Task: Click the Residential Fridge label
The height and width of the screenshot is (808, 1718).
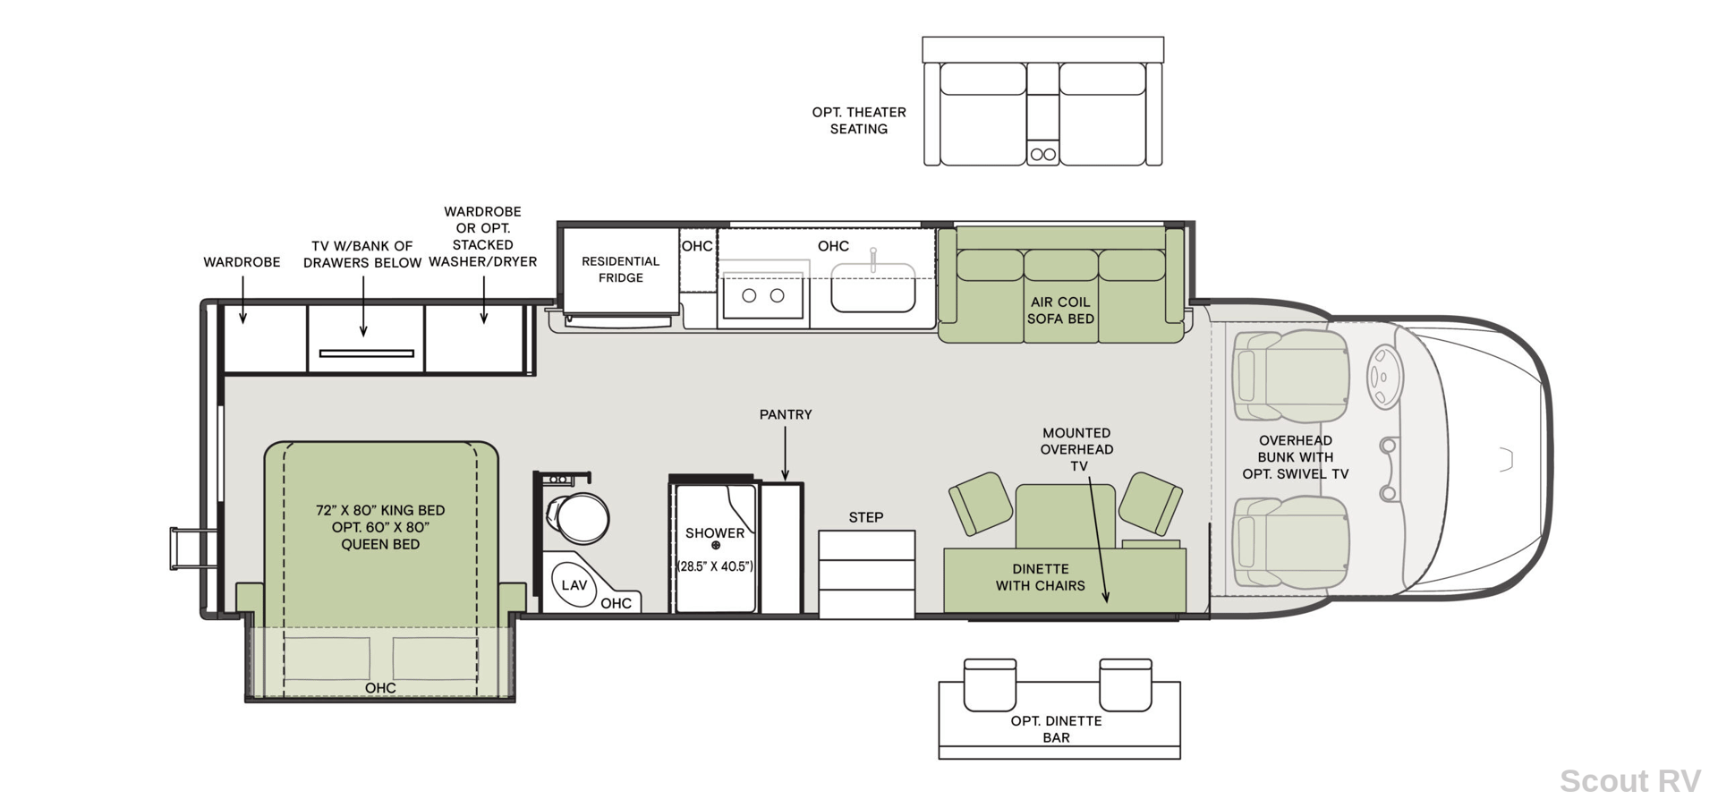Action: [620, 269]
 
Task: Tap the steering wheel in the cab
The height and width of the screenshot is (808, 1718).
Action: [1384, 377]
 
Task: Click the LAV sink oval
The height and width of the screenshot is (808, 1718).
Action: [574, 584]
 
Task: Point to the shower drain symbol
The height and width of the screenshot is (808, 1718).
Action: [716, 545]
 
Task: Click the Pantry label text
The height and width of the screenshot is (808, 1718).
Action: [786, 414]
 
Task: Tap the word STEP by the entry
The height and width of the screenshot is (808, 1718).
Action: [866, 517]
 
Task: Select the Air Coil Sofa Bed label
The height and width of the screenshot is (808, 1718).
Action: [1060, 310]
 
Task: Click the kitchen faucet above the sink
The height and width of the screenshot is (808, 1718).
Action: [873, 259]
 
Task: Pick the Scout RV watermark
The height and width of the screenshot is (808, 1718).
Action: [1629, 780]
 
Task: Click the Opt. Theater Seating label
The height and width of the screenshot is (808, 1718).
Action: [859, 120]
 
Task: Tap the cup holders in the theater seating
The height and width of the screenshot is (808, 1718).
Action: [1042, 154]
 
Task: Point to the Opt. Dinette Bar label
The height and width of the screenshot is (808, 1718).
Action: [1057, 729]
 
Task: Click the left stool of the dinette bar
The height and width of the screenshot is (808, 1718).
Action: [990, 685]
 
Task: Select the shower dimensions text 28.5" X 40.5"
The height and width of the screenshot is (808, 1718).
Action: [715, 566]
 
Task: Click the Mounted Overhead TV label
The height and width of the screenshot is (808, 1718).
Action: [1077, 449]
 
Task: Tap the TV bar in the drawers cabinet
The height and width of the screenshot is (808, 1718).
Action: [367, 353]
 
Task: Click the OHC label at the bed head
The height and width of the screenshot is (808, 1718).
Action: [380, 688]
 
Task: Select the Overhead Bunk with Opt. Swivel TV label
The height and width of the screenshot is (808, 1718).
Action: [1295, 457]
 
